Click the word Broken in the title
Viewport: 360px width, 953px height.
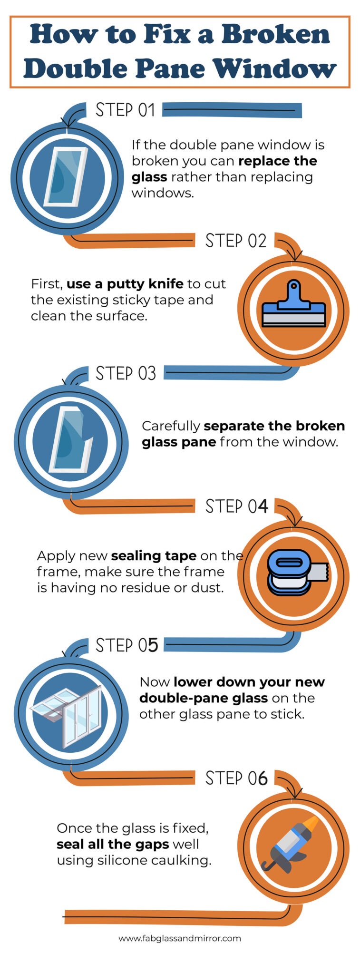click(x=275, y=35)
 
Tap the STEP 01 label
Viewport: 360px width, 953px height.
click(x=126, y=110)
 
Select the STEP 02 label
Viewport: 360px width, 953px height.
click(x=236, y=241)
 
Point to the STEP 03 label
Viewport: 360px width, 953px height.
click(x=126, y=373)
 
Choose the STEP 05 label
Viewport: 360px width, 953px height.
click(x=127, y=645)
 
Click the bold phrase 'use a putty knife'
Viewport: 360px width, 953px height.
click(x=125, y=284)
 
